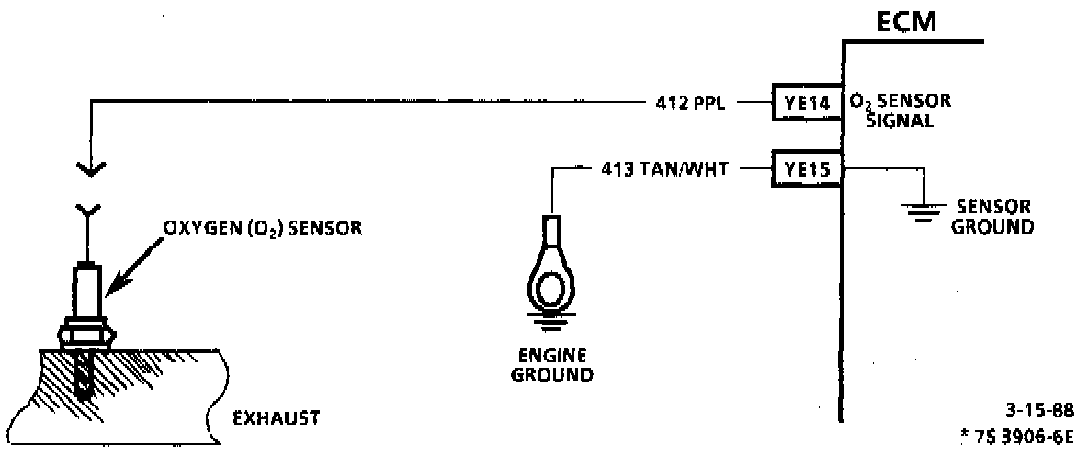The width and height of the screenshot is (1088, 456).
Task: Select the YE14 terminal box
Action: (x=806, y=103)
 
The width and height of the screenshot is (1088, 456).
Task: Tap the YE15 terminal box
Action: (x=806, y=168)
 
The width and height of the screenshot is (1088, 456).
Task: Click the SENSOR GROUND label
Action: (x=992, y=217)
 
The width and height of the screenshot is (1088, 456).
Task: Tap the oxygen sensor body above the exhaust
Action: (x=88, y=290)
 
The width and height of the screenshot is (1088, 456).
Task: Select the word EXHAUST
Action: (x=276, y=418)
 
